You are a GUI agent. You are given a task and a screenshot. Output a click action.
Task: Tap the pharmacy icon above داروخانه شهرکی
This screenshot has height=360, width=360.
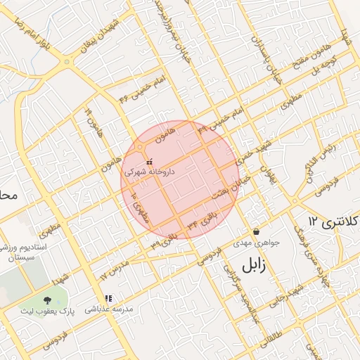tap(148, 162)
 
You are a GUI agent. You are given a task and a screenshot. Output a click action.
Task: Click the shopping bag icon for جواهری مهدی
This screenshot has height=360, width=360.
tap(255, 231)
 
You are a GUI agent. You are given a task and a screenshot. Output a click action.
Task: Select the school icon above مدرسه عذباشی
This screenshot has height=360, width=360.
tap(108, 298)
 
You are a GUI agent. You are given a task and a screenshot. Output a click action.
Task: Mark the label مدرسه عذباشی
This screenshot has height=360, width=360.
tap(108, 309)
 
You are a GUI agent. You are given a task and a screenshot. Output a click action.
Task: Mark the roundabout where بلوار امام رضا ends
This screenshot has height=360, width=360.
tap(67, 62)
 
